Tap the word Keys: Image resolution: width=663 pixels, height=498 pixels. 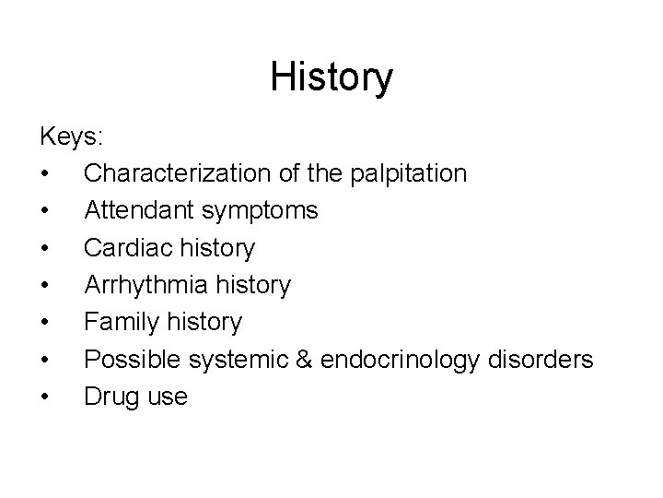pyautogui.click(x=72, y=136)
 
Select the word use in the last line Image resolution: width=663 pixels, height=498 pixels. pyautogui.click(x=166, y=397)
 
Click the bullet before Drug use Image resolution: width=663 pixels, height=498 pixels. pyautogui.click(x=44, y=397)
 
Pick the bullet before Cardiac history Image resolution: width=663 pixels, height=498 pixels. pyautogui.click(x=44, y=249)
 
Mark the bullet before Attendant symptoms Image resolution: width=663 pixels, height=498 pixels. pyautogui.click(x=44, y=211)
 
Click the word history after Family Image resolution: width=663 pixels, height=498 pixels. pyautogui.click(x=207, y=322)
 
